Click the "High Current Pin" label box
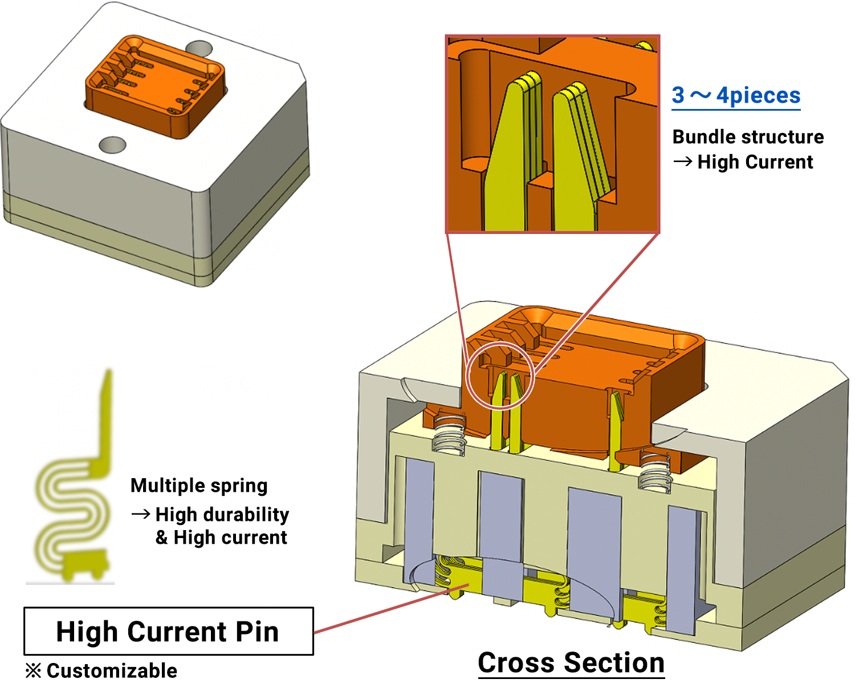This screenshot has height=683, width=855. tap(168, 631)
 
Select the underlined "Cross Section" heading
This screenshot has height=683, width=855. tap(571, 663)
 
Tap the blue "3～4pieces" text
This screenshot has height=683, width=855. tap(736, 95)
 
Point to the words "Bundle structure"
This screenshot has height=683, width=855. tap(748, 137)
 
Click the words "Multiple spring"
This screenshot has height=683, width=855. tap(199, 486)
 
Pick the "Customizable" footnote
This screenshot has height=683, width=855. tap(112, 670)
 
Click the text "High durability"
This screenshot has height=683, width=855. tap(222, 514)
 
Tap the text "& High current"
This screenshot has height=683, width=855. tap(222, 537)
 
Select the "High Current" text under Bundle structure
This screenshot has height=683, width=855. tap(755, 162)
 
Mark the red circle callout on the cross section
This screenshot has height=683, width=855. tap(500, 376)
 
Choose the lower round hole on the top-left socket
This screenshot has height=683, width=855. tap(112, 145)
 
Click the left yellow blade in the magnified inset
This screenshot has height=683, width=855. tap(509, 160)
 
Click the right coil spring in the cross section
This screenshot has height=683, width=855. tap(653, 471)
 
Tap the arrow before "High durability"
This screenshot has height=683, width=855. tap(140, 515)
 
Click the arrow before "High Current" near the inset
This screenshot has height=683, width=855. tap(682, 162)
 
